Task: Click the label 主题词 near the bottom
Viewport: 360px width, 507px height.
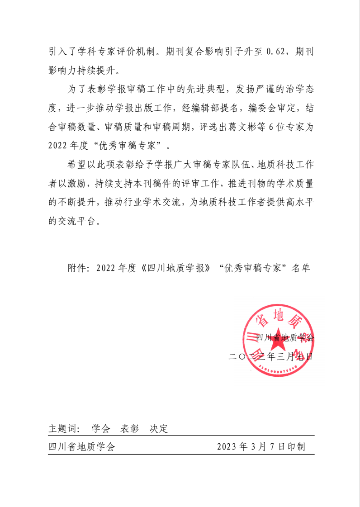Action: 62,428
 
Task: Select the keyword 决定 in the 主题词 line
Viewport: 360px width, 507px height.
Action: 159,428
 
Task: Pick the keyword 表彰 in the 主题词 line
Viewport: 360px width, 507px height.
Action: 130,428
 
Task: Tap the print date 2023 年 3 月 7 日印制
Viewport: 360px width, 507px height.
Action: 261,447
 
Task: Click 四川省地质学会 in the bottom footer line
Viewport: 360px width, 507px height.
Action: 82,447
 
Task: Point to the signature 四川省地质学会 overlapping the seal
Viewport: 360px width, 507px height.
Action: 284,337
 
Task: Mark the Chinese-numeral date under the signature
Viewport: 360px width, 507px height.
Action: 270,356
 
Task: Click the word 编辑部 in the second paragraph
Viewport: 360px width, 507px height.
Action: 206,108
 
